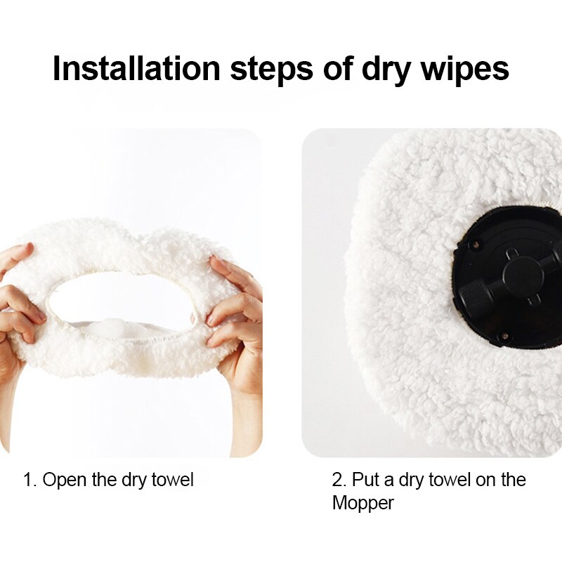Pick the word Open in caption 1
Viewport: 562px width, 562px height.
click(65, 481)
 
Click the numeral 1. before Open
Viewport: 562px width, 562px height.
click(30, 481)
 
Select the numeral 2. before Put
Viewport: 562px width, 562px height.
click(339, 481)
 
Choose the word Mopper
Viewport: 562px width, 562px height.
click(362, 503)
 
